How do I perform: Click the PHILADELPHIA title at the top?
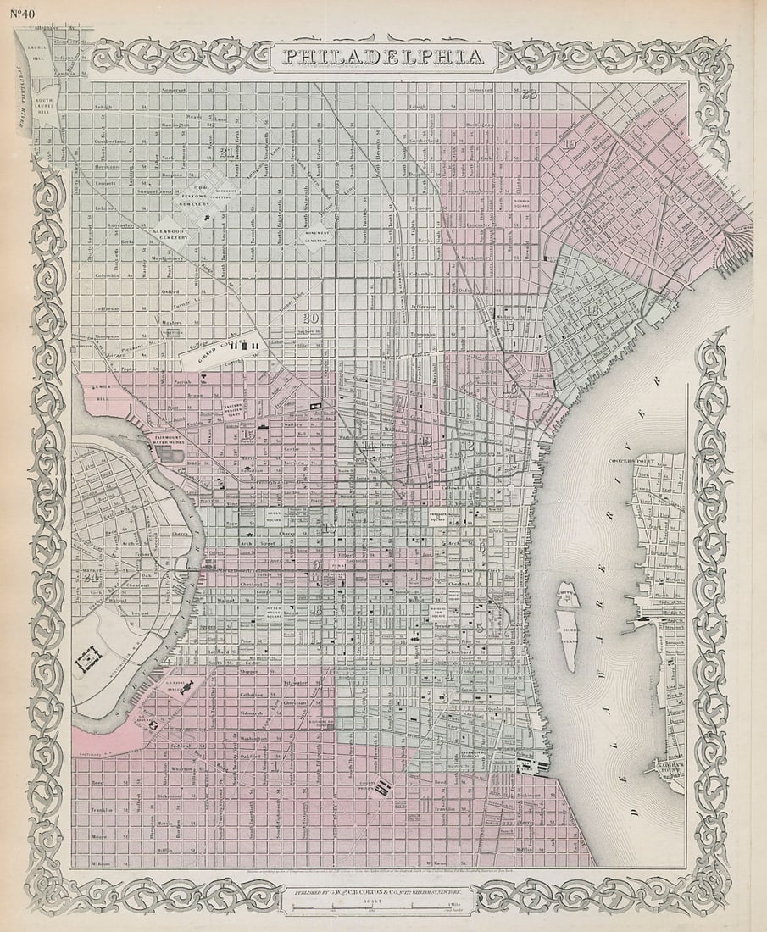(x=383, y=58)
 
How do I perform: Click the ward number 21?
(x=225, y=153)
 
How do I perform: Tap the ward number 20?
(x=310, y=319)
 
